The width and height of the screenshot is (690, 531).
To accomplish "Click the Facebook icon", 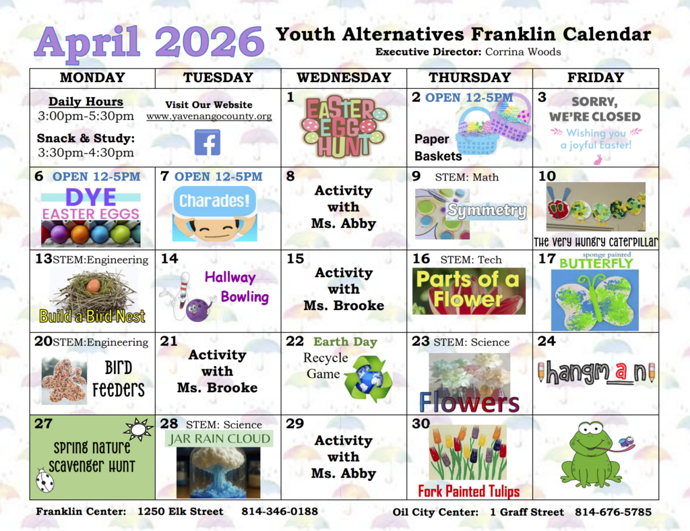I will [x=208, y=142].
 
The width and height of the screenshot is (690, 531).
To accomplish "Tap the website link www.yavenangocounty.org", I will [x=209, y=117].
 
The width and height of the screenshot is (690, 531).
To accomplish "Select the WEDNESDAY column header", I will [x=344, y=77].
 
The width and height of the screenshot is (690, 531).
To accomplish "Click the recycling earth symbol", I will [x=364, y=378].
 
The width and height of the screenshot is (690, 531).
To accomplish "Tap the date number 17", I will [x=546, y=259].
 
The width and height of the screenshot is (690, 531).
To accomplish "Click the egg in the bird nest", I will [x=93, y=286].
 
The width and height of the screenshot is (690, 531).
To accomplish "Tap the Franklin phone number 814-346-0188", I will [x=280, y=511].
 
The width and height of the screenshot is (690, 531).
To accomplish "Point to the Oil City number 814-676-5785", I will [x=613, y=512].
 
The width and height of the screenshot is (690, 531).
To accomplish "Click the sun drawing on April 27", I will [x=138, y=429].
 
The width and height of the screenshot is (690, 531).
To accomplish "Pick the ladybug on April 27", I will [x=44, y=480].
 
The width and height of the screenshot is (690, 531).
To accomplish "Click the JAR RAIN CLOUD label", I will [x=219, y=439].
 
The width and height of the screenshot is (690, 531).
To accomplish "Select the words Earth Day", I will [x=345, y=342].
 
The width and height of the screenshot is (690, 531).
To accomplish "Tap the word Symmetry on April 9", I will [x=487, y=211].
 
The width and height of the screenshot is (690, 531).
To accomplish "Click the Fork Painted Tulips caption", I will [x=469, y=491].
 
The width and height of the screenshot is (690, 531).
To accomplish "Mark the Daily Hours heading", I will [x=86, y=102].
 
